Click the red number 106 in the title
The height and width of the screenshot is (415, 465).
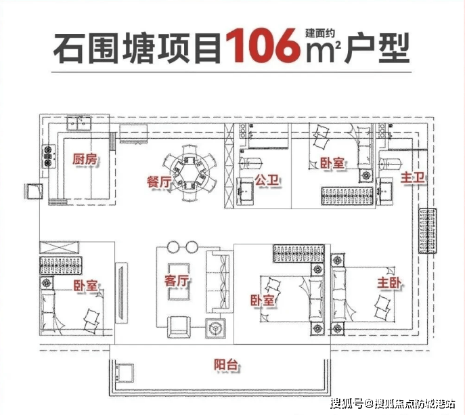click(263, 46)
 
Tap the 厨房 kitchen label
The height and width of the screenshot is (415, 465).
click(85, 159)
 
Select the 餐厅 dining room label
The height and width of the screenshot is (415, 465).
click(159, 181)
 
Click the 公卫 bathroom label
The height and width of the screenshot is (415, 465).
click(267, 180)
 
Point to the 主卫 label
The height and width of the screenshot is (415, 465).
click(412, 177)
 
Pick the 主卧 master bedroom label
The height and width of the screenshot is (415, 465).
click(389, 283)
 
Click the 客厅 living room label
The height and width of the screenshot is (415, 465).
click(177, 280)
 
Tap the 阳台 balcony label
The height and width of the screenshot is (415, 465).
click(226, 365)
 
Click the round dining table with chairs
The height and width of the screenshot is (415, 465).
click(190, 173)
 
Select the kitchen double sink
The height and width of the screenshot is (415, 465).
click(79, 123)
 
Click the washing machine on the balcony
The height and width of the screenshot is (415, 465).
click(125, 373)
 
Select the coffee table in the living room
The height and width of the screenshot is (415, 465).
click(179, 282)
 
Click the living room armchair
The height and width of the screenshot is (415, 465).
click(179, 327)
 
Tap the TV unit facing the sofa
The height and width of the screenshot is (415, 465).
click(121, 292)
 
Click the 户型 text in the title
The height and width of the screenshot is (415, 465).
click(377, 47)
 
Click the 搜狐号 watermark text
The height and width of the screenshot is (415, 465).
click(347, 403)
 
